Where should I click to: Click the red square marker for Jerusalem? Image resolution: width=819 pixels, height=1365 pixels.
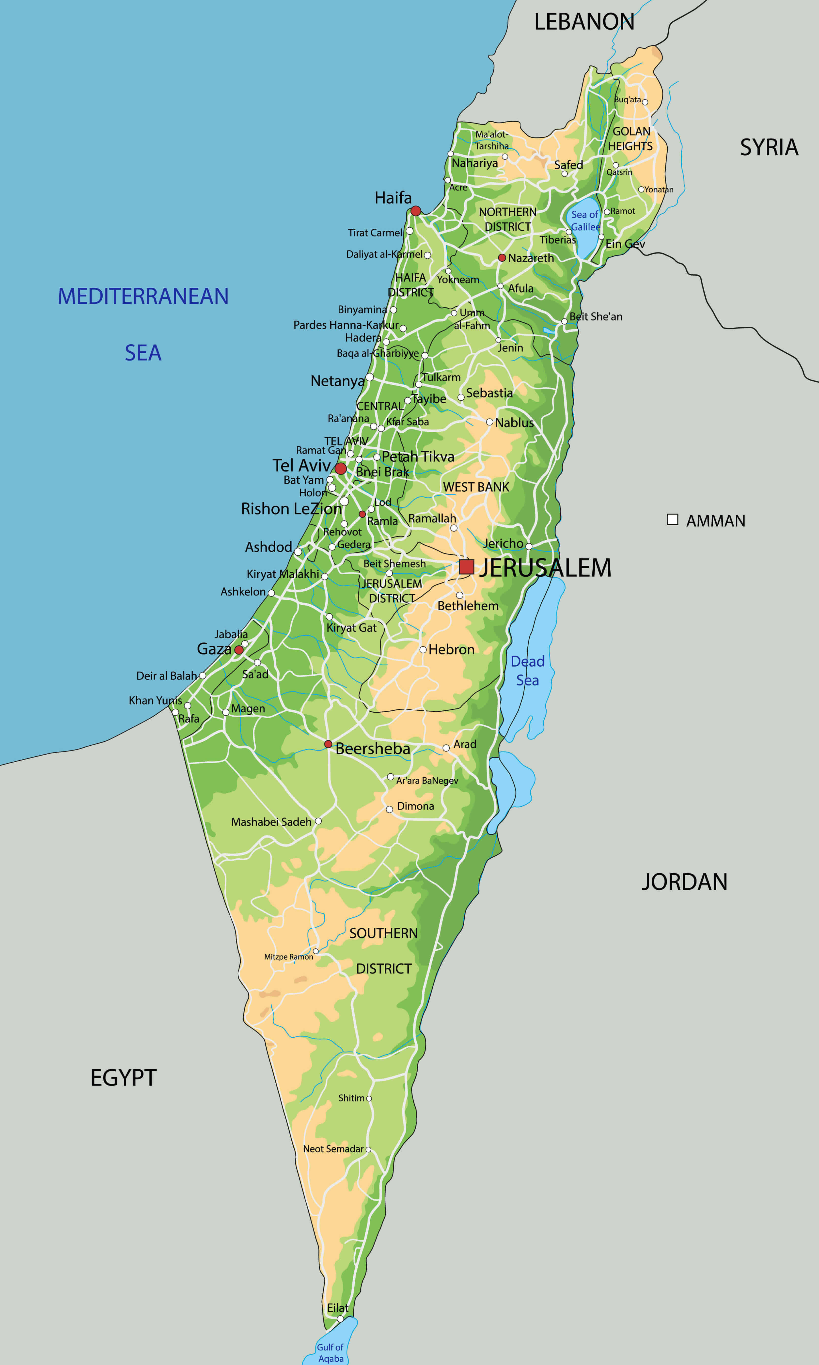tap(466, 567)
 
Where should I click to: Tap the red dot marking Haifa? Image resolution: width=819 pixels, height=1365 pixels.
tap(416, 211)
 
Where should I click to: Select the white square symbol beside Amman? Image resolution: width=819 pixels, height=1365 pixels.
tap(672, 519)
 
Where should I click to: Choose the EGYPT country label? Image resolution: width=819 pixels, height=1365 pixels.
tap(124, 1078)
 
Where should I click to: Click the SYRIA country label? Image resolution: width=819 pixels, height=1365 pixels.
tap(769, 147)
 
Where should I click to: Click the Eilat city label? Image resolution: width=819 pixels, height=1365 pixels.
tap(338, 1308)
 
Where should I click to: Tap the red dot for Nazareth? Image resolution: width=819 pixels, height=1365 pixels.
tap(502, 258)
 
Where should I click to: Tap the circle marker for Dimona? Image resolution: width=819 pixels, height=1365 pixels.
tap(389, 809)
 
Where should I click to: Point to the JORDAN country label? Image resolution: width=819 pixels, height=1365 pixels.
tap(684, 882)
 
